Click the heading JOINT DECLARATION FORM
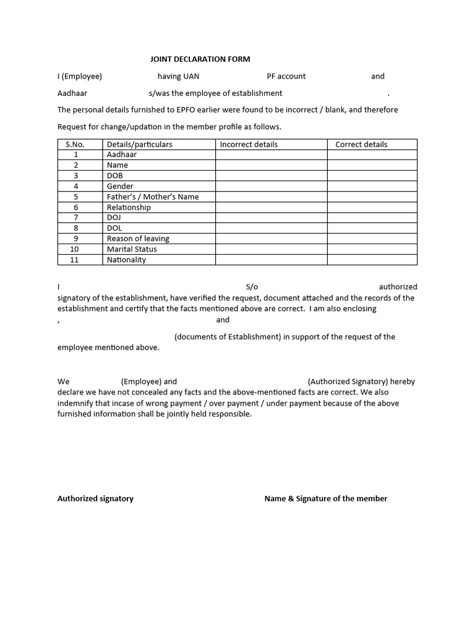coord(200,59)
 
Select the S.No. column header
coord(75,144)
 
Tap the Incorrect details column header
coord(249,144)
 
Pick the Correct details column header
coord(361,144)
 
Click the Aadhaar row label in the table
coord(122,155)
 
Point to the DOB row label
coord(115,176)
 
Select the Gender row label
coord(120,186)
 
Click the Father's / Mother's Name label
coord(153,197)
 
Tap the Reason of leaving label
coord(138,239)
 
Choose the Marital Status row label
coord(132,249)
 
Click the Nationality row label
coord(126,260)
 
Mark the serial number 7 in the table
coord(76,218)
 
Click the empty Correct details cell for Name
coord(372,165)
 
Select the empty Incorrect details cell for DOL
coord(272,228)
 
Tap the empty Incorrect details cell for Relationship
coord(272,207)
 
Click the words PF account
coord(286,76)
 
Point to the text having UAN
coord(178,76)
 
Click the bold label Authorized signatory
coord(95,498)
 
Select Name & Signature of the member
coord(326,498)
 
